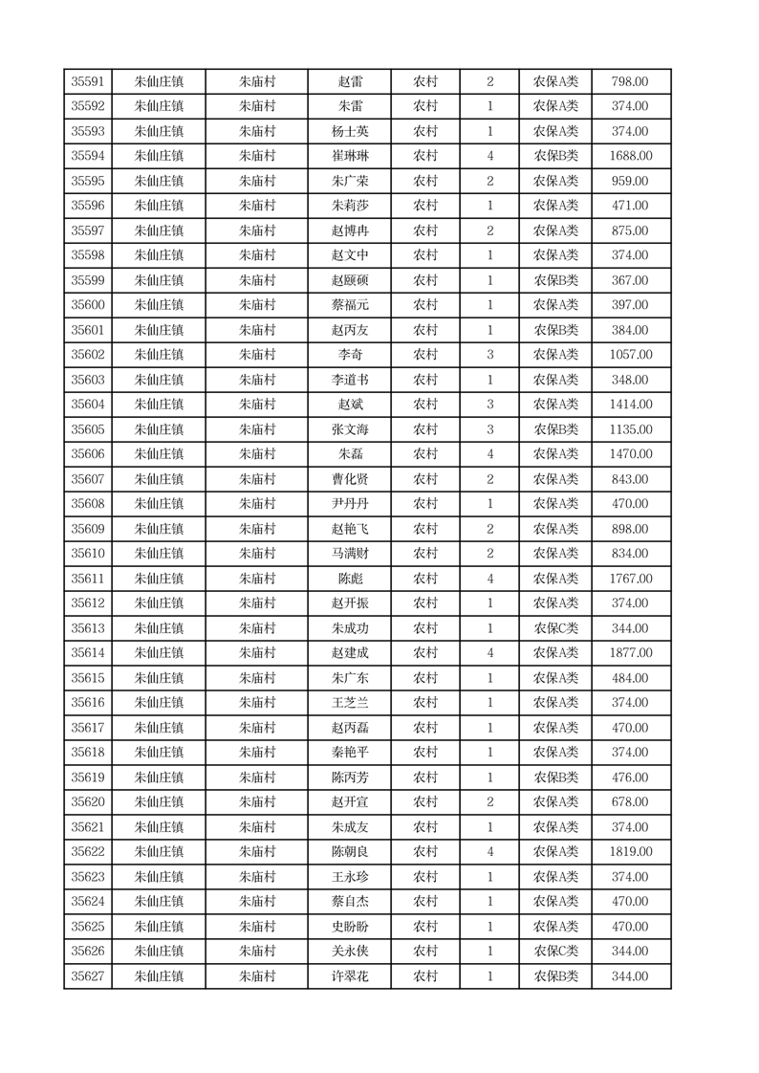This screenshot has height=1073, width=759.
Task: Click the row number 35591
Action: tap(88, 82)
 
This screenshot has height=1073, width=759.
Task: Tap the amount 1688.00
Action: tap(630, 157)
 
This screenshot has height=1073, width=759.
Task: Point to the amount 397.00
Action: tap(630, 305)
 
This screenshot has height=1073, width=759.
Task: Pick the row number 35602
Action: tap(88, 355)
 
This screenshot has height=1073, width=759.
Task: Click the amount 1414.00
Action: tap(630, 405)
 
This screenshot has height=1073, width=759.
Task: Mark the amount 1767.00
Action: tap(630, 579)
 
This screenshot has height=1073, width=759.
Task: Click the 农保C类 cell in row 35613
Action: tap(555, 628)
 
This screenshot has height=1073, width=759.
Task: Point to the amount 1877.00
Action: tap(630, 653)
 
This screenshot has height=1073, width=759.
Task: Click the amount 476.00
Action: tap(630, 777)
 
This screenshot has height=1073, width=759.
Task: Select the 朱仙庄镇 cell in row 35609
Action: tap(159, 529)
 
